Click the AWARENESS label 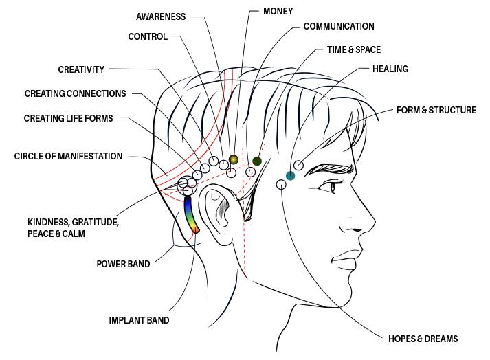[x=161, y=16]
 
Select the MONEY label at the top [x=278, y=11]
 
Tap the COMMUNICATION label [x=339, y=27]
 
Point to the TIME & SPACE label [x=353, y=50]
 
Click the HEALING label [x=390, y=69]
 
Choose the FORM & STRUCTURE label [x=436, y=110]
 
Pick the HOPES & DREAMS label [x=423, y=339]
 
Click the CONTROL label [x=148, y=37]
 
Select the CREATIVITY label [x=81, y=69]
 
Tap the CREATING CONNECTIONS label [x=76, y=93]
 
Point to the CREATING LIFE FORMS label [x=69, y=118]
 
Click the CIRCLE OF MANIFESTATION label [x=69, y=157]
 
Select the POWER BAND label [x=124, y=263]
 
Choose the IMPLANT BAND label [x=140, y=320]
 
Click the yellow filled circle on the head [x=234, y=159]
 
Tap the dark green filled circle [x=257, y=161]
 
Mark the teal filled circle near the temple [x=291, y=176]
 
